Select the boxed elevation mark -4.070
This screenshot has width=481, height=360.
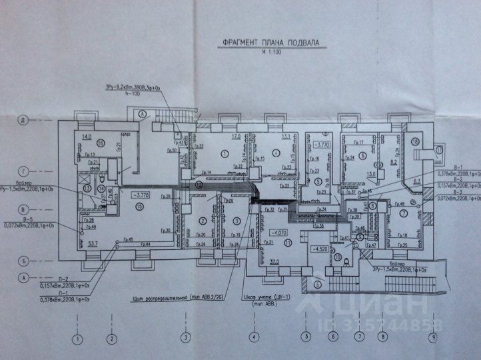coord(273,233)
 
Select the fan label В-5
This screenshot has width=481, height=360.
coord(27,219)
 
